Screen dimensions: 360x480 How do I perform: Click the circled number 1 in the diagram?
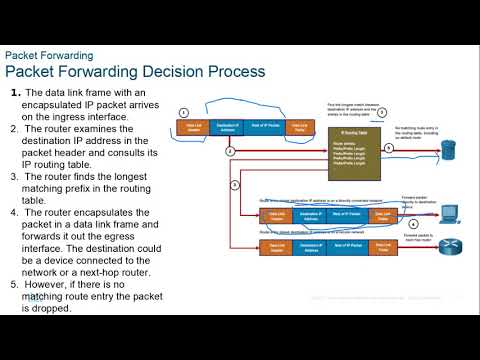tap(184, 112)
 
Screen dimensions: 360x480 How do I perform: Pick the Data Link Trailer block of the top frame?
tap(299, 127)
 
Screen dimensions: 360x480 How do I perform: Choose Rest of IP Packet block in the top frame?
tap(264, 127)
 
